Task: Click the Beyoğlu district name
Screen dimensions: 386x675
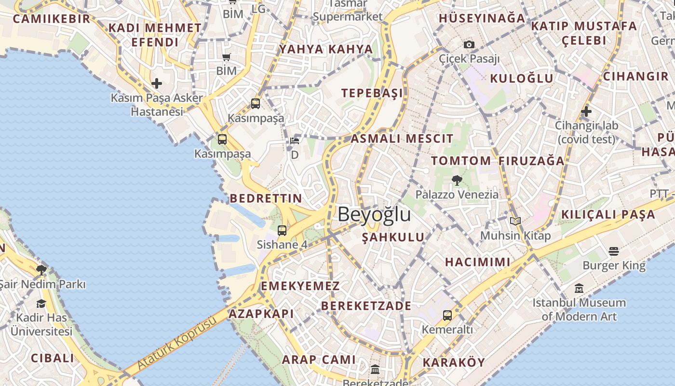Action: coord(374,214)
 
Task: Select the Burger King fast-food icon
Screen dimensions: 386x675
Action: coord(614,251)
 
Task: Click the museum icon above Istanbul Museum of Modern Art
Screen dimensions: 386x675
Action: coord(579,289)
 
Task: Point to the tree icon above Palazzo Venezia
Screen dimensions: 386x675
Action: coord(457,180)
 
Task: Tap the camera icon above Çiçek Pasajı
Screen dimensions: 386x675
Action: coord(469,44)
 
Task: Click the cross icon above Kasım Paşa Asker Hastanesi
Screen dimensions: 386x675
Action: coord(157,83)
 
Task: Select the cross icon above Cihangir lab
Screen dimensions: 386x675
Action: coord(586,111)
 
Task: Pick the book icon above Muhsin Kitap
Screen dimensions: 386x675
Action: coord(515,221)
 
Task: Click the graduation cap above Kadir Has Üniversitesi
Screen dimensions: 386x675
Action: coord(41,303)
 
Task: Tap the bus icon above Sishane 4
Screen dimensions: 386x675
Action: coord(282,230)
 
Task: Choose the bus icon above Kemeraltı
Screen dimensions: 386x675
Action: coord(447,315)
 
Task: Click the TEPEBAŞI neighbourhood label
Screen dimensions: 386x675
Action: coord(372,93)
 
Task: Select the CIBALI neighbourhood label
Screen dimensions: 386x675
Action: coord(53,358)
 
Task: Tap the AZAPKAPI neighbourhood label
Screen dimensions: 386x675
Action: coord(261,314)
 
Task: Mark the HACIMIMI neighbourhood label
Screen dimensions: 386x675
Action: coord(477,262)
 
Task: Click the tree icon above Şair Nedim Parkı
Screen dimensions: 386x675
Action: coord(41,270)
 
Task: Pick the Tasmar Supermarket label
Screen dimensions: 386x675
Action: coord(347,11)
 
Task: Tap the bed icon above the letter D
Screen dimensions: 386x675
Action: coord(295,141)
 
